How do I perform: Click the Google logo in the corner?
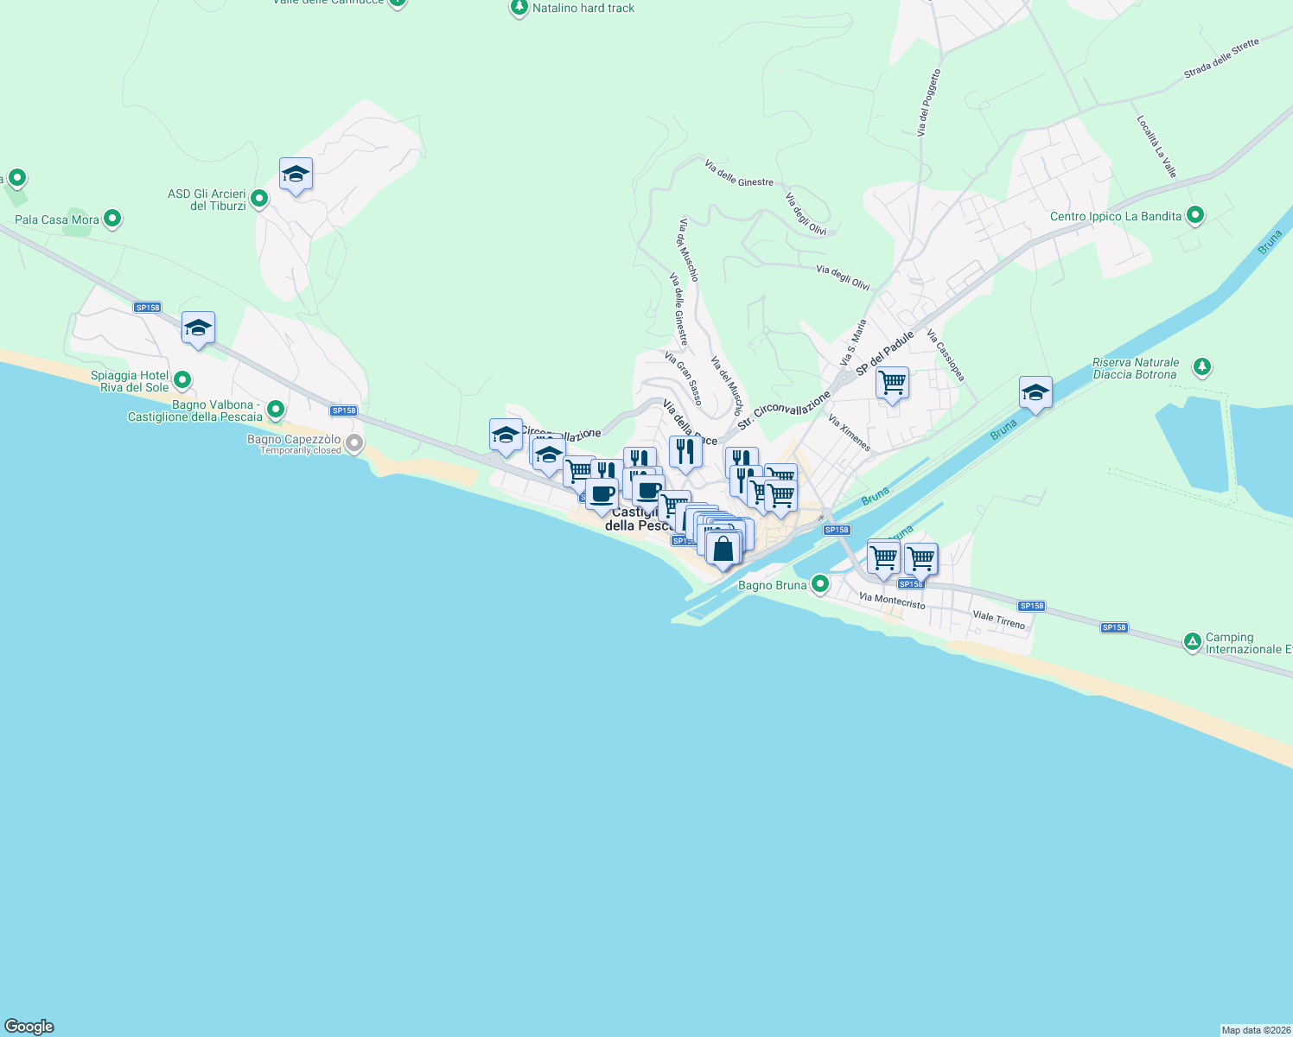(x=29, y=1027)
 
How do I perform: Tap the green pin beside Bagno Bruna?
(x=820, y=584)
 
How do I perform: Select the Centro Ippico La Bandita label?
(x=1115, y=216)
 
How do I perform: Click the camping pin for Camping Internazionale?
(x=1193, y=641)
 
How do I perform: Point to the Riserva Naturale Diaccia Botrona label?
(x=1135, y=369)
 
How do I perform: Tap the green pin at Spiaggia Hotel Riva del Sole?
(x=182, y=380)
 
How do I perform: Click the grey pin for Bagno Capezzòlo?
(x=354, y=444)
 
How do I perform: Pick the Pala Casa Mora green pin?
(x=112, y=219)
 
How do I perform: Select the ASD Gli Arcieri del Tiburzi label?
(x=207, y=200)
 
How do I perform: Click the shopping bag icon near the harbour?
(x=723, y=548)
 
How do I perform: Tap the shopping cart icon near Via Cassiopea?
(x=892, y=382)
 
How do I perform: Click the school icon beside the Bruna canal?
(x=1035, y=392)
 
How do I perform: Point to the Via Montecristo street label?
(x=892, y=601)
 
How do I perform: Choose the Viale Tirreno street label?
(x=999, y=620)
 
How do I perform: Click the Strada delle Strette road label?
(x=1221, y=59)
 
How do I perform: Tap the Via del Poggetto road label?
(x=928, y=103)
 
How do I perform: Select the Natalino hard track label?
(x=583, y=9)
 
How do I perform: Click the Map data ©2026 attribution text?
(x=1256, y=1030)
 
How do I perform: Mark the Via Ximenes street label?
(x=849, y=433)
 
